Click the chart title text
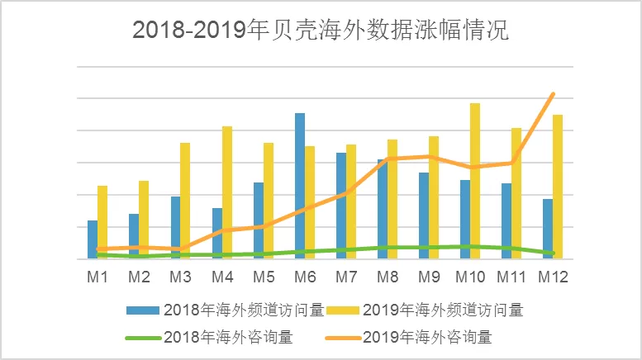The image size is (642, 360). (321, 31)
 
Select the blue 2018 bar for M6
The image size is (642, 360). (300, 186)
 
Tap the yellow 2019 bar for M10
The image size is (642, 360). (475, 181)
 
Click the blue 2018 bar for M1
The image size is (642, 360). (93, 239)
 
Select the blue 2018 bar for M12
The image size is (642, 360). (548, 229)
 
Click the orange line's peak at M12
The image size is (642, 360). (553, 94)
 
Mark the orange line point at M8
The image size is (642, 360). (388, 159)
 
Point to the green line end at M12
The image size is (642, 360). (553, 253)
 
